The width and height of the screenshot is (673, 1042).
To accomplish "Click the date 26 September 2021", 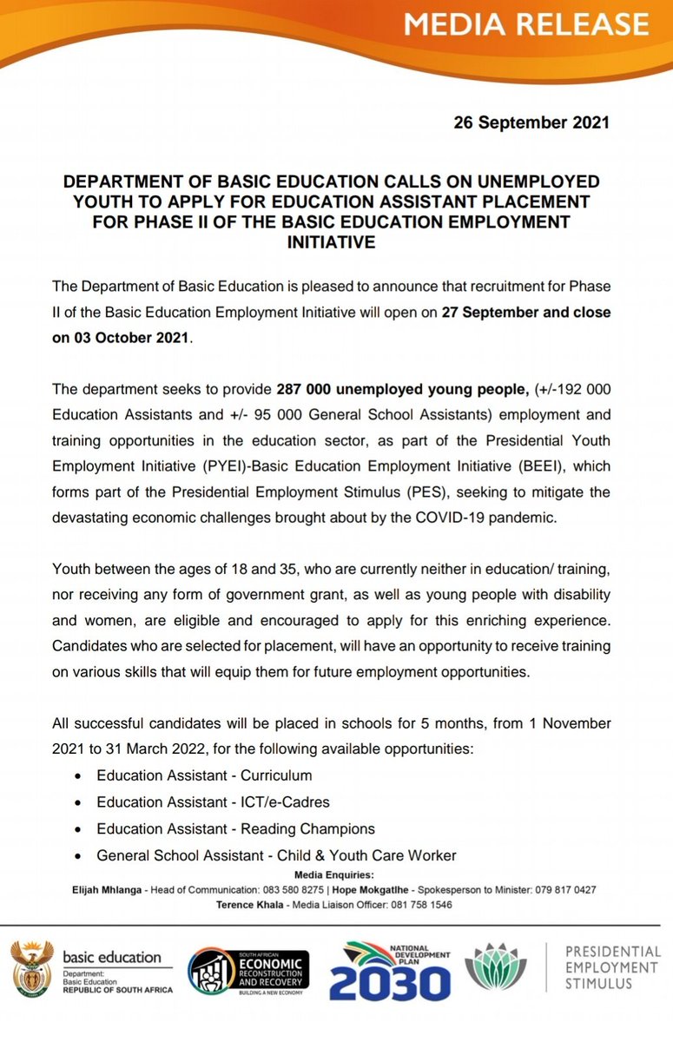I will tap(531, 122).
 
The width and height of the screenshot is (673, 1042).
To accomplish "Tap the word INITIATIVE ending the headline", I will tap(331, 242).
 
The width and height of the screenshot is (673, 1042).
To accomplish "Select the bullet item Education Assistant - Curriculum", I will tap(204, 775).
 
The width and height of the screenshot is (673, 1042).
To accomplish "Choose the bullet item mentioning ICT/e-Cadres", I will tap(213, 801).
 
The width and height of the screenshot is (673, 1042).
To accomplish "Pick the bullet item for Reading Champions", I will tap(235, 828).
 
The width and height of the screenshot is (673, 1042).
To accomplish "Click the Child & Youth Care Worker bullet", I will tap(276, 855).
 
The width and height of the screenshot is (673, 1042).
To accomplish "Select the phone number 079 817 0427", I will tap(564, 890).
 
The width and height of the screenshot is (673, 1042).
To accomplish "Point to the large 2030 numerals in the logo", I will tap(390, 984).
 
